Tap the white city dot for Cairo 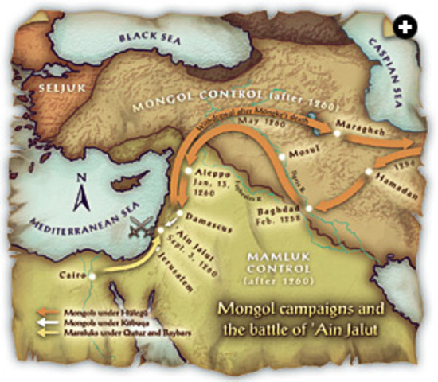coord(92,275)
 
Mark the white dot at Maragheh coord(337,134)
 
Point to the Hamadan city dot coord(368,170)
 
